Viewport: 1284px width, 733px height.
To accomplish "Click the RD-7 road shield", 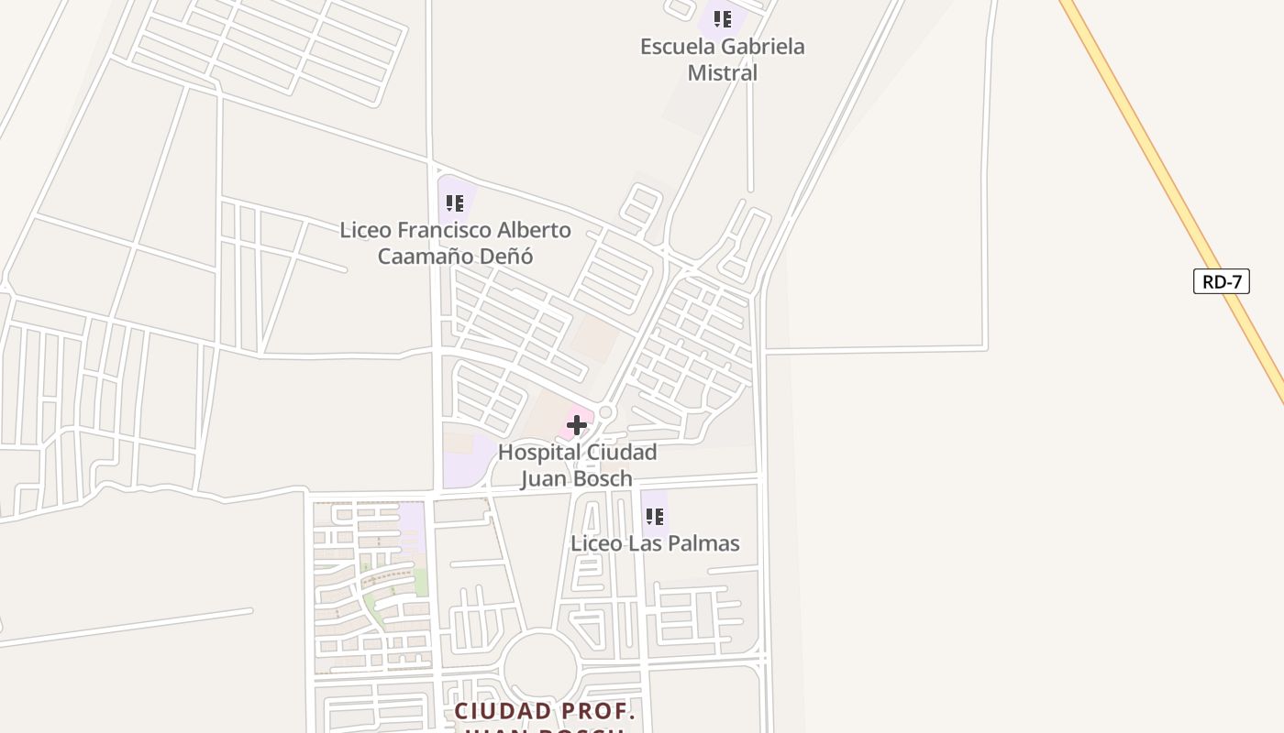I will click(x=1221, y=281).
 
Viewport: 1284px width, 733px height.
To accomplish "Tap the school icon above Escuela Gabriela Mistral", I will click(x=723, y=18).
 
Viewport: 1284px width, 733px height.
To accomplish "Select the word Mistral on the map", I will click(x=723, y=73).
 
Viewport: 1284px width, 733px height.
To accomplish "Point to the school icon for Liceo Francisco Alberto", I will click(x=455, y=203).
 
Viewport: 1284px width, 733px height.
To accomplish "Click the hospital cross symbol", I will click(x=577, y=425).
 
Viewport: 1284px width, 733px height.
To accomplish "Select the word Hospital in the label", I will click(x=539, y=453).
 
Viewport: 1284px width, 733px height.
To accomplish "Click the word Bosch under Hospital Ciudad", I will click(x=603, y=479).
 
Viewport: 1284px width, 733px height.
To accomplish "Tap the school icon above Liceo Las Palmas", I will click(x=654, y=517).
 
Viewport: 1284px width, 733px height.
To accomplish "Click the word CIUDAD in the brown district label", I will click(x=504, y=712).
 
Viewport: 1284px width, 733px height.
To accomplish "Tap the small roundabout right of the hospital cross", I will click(x=605, y=413).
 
